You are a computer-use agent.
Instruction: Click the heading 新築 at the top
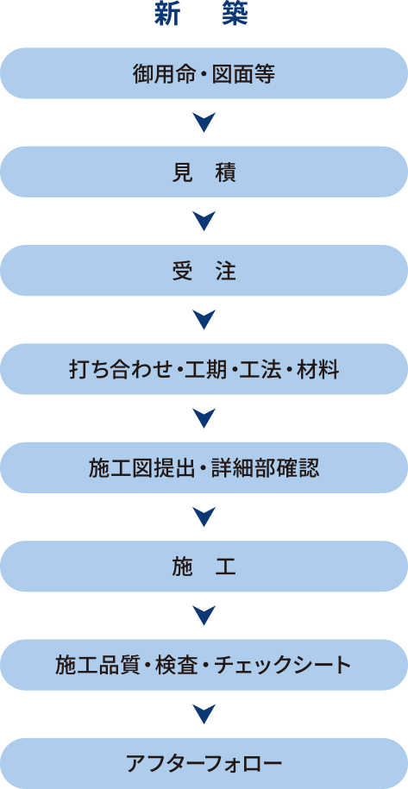201,15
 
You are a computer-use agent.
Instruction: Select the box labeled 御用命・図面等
204,73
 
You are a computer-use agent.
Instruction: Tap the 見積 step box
204,172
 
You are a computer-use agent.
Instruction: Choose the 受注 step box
204,270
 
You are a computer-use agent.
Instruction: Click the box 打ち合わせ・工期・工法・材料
204,369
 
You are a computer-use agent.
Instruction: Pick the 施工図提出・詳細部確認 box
204,467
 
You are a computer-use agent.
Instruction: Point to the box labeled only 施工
204,566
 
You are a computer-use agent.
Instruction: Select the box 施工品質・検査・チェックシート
204,665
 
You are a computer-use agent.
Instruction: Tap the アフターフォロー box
204,763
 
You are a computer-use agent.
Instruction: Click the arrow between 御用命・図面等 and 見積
204,122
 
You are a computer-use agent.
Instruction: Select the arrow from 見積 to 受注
204,221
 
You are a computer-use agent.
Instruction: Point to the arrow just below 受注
204,320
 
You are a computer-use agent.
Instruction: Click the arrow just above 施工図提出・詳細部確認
204,418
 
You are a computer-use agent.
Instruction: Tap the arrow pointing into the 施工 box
204,517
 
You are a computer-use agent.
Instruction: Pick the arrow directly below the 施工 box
204,616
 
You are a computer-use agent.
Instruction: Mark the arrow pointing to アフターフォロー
204,714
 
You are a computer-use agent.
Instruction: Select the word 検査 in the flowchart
178,666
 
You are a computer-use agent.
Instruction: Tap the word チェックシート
280,666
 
